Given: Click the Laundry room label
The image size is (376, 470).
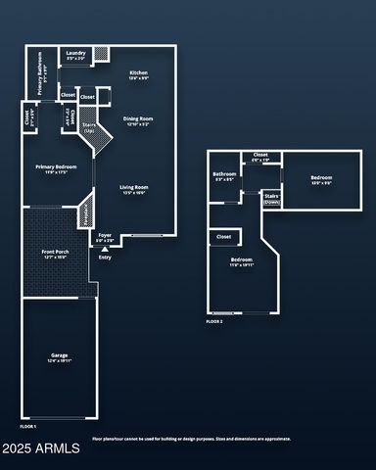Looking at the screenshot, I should (x=75, y=55).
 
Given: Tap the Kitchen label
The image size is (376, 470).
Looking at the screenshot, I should (x=139, y=75).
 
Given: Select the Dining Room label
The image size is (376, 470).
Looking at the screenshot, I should (x=137, y=121).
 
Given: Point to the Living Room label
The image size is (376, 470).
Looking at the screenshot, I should (x=134, y=189).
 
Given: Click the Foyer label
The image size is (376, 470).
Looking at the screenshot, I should (x=105, y=236).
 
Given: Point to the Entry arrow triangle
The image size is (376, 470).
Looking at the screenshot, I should (x=105, y=249).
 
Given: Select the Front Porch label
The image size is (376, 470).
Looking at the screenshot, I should (x=55, y=256).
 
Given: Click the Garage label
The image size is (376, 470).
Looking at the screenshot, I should (x=60, y=356).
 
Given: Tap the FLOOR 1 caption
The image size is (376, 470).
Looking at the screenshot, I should (x=28, y=427).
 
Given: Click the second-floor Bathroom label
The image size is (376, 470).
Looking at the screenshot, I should (x=224, y=176).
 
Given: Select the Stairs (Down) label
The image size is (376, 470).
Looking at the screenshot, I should (x=272, y=198).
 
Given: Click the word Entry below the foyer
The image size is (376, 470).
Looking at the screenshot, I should (x=105, y=258).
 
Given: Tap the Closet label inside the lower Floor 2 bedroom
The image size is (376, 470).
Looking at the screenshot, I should (x=223, y=236).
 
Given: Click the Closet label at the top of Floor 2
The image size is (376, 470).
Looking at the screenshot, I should (x=260, y=156).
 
